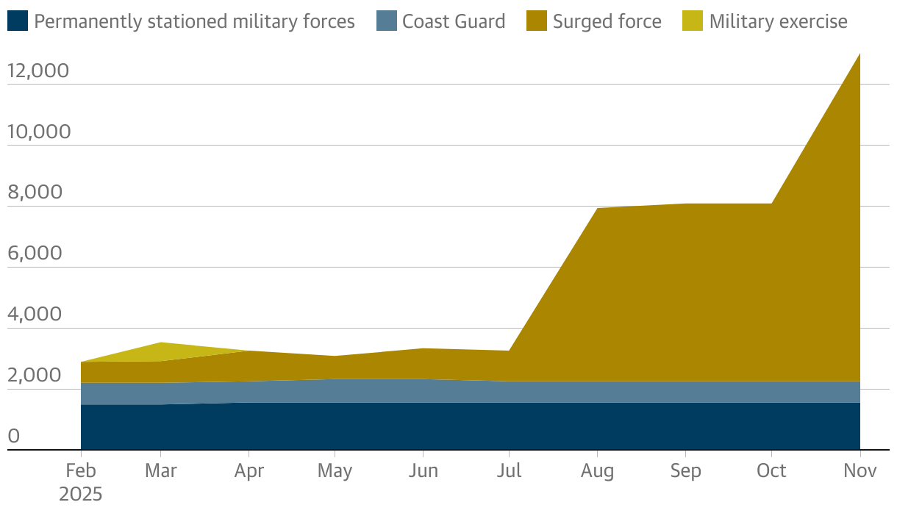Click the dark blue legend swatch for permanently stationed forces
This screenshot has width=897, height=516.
pos(18,21)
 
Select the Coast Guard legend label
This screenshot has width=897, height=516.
pos(454,21)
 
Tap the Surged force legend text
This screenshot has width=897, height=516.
pos(607,21)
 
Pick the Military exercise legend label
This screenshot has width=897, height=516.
pos(778,21)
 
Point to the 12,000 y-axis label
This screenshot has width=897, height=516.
pos(37,71)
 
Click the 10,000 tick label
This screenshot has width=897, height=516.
pos(38,132)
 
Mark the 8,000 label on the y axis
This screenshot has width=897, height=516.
pos(34,193)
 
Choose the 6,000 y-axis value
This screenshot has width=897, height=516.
pos(34,254)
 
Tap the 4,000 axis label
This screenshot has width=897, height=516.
pos(34,315)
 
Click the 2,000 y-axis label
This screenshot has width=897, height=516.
pos(34,376)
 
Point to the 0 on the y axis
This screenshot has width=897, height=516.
pos(13,437)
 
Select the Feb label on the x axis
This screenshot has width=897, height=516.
pos(80,470)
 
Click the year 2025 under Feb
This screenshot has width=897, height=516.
pos(80,493)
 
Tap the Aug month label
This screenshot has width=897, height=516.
pos(597,470)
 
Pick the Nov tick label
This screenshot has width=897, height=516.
pos(860,470)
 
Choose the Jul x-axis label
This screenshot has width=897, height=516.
pos(509,470)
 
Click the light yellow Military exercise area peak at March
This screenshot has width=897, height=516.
pos(161,348)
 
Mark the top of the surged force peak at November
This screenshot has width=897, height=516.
pos(859,56)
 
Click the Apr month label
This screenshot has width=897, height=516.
pos(249,470)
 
